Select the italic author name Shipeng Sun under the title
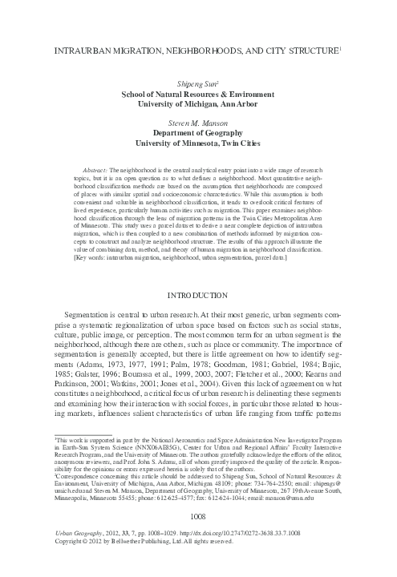click(198, 83)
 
